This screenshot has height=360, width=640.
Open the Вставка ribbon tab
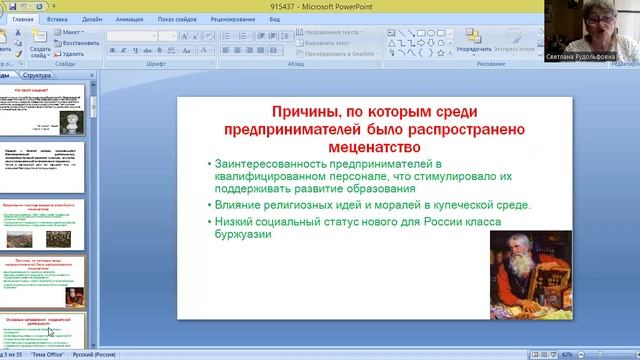click(58, 19)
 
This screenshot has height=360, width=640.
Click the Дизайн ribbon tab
click(92, 19)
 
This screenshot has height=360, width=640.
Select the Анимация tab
click(129, 19)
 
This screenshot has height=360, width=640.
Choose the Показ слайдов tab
click(177, 19)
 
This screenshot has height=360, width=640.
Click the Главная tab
click(23, 19)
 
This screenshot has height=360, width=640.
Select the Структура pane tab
click(38, 75)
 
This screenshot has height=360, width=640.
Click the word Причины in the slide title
click(304, 113)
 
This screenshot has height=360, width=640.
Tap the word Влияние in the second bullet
click(238, 205)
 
